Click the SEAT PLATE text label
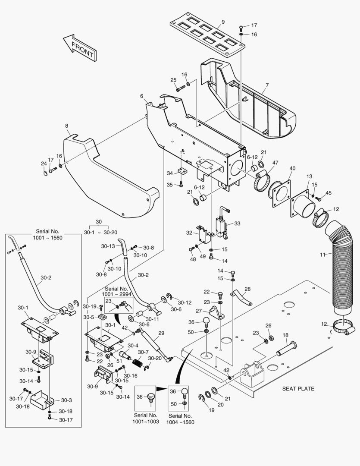tap(298, 388)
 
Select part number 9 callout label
tap(223, 22)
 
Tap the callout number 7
tap(267, 85)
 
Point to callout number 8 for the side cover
tap(66, 126)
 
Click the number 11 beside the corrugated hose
tap(322, 255)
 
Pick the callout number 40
tap(292, 168)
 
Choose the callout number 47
tap(275, 163)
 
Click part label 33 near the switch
tap(237, 224)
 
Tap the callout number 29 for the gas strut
tap(161, 333)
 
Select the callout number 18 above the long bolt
tap(285, 335)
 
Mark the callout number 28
tap(247, 289)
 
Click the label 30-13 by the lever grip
tap(108, 246)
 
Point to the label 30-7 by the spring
tap(143, 352)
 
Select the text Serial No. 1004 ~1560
tap(180, 419)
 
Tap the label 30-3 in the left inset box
tap(66, 400)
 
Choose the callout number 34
tap(169, 173)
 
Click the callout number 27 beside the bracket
tap(198, 311)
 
